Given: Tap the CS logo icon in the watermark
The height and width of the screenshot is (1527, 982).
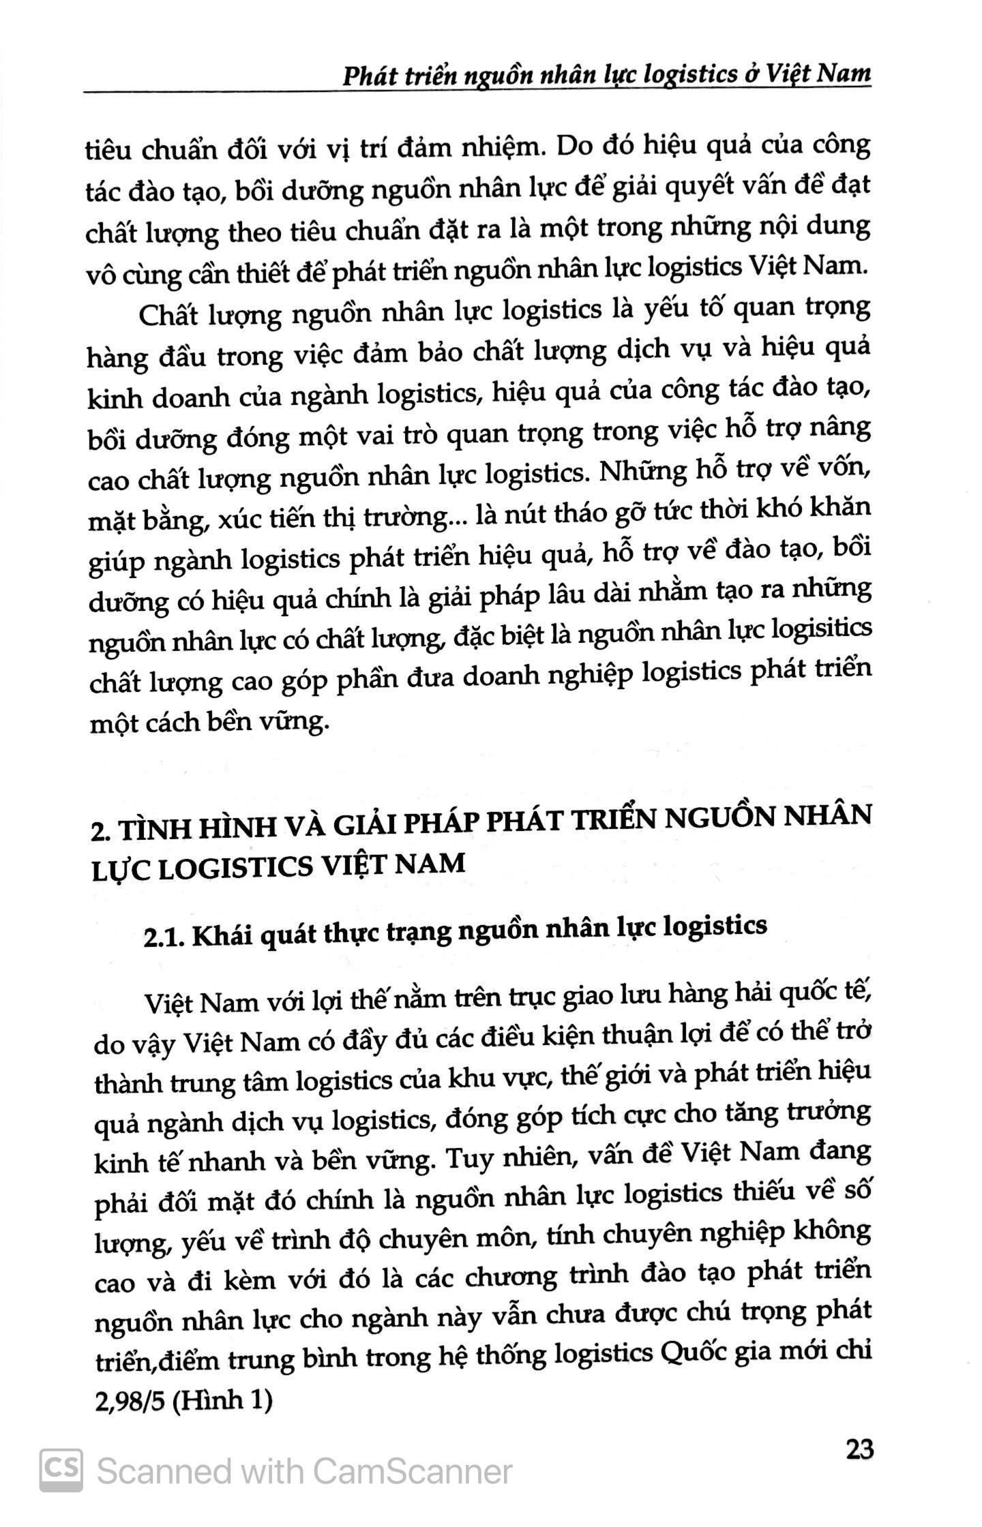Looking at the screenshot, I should tap(61, 1468).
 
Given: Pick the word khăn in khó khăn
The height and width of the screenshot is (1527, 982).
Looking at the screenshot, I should tap(843, 509).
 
